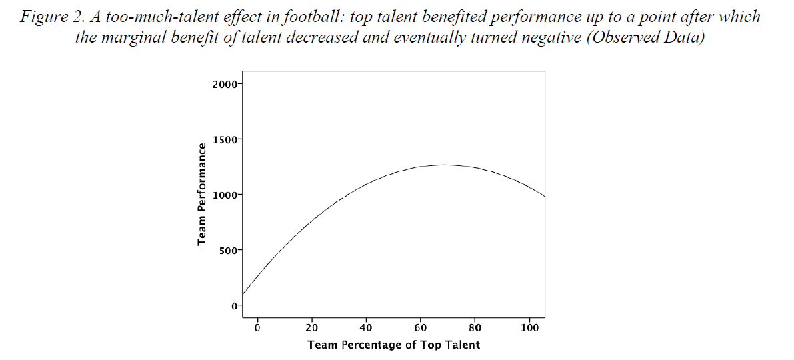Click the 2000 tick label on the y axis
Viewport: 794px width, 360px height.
223,84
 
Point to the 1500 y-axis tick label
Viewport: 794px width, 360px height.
223,139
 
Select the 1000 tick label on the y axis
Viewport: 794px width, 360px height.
223,195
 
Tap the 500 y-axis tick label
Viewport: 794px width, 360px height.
225,250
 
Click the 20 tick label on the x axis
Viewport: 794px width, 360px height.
311,327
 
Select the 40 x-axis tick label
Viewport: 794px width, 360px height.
366,327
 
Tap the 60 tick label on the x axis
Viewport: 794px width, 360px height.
421,327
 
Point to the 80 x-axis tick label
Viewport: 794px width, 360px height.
475,327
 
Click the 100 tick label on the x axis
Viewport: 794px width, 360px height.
530,327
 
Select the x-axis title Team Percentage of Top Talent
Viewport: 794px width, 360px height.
393,345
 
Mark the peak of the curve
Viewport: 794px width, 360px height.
444,165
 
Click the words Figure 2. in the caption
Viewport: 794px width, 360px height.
51,17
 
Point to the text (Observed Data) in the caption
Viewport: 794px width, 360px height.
641,37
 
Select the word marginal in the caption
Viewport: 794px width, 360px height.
135,37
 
